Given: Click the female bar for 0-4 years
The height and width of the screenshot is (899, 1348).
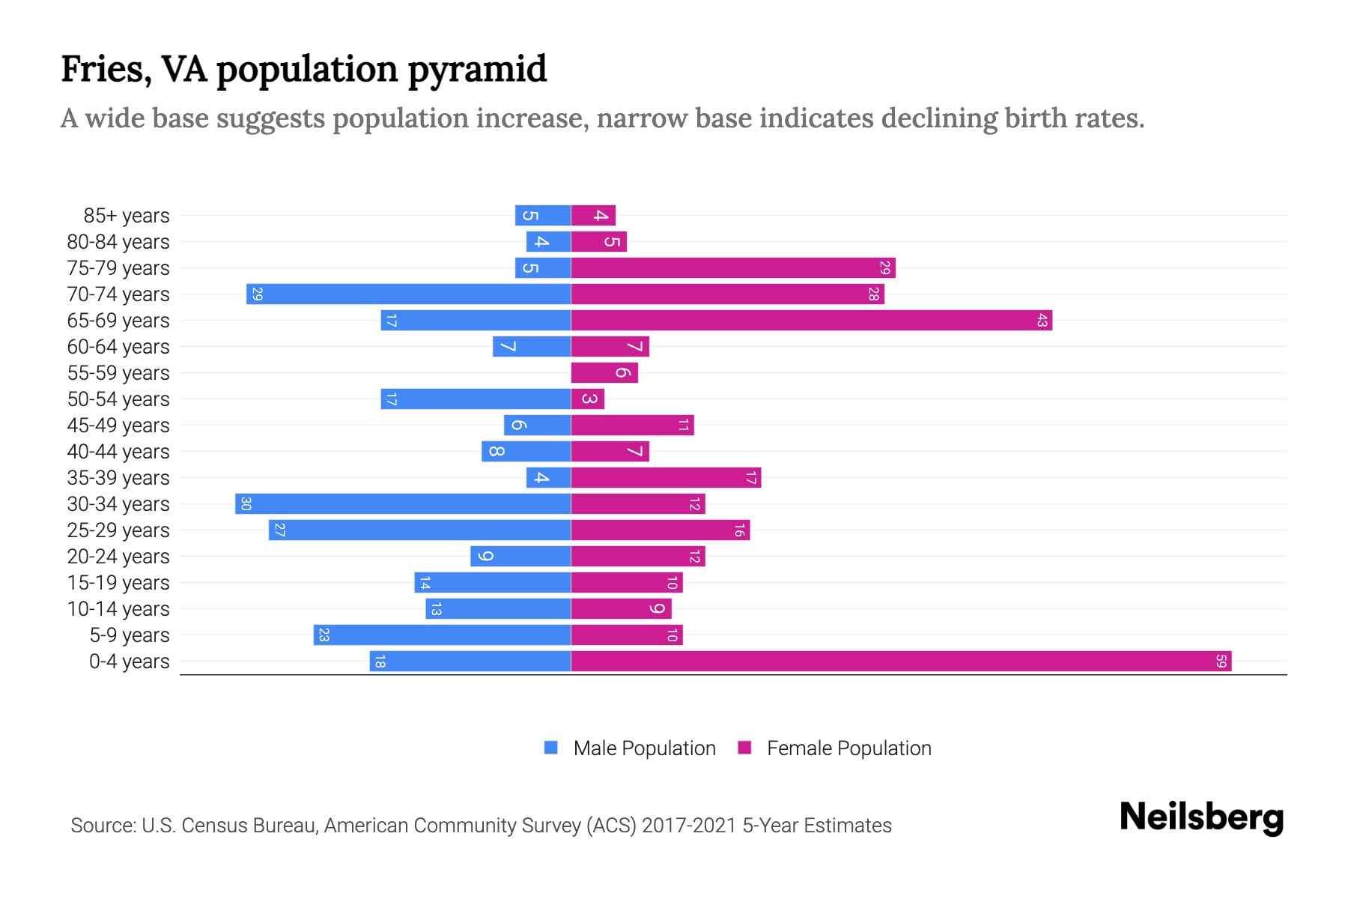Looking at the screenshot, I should [901, 662].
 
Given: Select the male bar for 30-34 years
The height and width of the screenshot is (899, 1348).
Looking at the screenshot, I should [403, 504].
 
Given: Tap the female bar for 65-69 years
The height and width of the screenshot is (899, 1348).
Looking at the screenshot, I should [811, 321].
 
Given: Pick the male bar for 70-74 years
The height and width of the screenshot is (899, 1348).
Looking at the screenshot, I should [408, 294].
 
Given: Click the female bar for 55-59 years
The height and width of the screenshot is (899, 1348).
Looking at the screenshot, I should [604, 373].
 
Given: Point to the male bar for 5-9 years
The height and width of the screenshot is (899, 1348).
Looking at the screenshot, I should [442, 635].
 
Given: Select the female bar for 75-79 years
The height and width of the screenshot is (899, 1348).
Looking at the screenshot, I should [733, 268].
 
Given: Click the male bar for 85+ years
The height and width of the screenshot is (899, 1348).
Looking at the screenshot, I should [543, 216].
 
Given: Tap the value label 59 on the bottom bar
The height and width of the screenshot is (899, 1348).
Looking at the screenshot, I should [1221, 662].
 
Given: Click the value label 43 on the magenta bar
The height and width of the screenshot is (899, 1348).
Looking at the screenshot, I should [1042, 321].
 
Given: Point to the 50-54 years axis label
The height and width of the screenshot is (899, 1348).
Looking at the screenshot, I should [118, 399].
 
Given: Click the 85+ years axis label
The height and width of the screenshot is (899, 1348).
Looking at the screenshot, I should [127, 216].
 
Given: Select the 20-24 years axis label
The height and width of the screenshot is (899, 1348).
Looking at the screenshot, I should [118, 557].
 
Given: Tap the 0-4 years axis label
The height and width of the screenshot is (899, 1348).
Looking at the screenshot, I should [129, 662].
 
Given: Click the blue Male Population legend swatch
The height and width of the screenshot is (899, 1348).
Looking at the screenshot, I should [551, 748].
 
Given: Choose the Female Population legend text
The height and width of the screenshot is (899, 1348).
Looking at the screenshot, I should [848, 748].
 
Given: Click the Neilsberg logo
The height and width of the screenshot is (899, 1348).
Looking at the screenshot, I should [1201, 817].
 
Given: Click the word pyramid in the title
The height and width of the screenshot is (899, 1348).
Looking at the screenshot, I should [477, 69].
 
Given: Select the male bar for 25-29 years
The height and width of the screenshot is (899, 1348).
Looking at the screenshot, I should [419, 530].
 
